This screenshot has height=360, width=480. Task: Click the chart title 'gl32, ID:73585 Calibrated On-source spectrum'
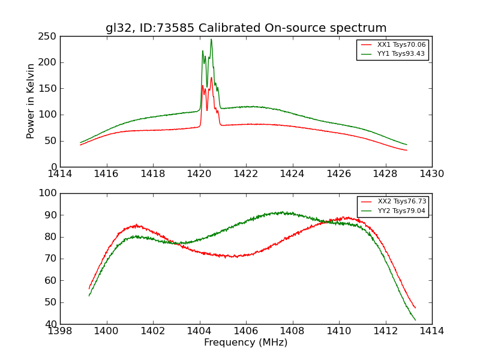click(x=246, y=28)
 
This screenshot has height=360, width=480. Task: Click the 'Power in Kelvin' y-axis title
click(x=31, y=101)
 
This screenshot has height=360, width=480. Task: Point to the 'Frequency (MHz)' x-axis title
click(x=246, y=343)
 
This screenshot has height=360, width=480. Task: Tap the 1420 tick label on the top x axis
click(x=200, y=174)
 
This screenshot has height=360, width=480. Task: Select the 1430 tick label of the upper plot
click(x=431, y=174)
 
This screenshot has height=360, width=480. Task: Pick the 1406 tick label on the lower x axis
click(x=246, y=331)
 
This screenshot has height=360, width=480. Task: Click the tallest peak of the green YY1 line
click(x=211, y=39)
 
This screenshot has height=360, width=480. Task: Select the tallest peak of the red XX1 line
click(x=211, y=77)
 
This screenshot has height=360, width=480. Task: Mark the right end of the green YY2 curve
click(x=415, y=320)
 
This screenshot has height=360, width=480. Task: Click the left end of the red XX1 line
click(x=80, y=145)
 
